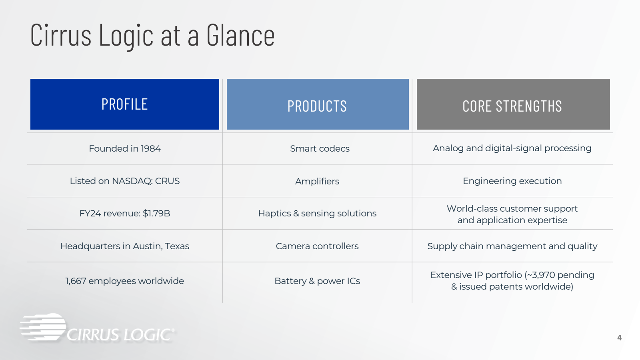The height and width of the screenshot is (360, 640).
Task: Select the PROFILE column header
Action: point(124,104)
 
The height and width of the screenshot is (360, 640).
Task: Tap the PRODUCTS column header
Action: point(318,104)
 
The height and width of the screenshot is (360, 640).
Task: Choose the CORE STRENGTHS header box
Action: point(513,104)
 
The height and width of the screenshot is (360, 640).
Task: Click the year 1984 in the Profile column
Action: point(150,148)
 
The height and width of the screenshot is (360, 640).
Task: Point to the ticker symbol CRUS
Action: point(167,181)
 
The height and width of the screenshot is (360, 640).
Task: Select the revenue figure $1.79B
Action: point(156,214)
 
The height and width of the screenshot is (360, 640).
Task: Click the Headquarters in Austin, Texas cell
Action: point(124,246)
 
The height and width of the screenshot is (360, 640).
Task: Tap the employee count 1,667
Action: point(76,281)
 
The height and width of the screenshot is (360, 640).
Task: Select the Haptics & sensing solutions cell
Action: point(317,214)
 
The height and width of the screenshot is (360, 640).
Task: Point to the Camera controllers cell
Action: point(317,246)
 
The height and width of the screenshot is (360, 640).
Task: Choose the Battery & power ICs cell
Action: point(317,281)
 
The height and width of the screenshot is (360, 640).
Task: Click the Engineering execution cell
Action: point(512,181)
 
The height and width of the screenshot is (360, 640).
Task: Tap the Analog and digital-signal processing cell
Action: point(512,148)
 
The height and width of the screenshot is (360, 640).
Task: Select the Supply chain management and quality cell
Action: point(512,246)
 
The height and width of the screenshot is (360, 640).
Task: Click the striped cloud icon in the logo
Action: point(43,327)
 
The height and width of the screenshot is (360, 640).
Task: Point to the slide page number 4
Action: point(619,338)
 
